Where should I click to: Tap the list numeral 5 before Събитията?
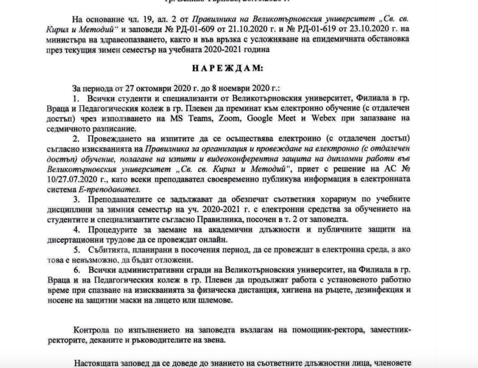[x=75, y=251]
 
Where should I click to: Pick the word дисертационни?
[x=71, y=240]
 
